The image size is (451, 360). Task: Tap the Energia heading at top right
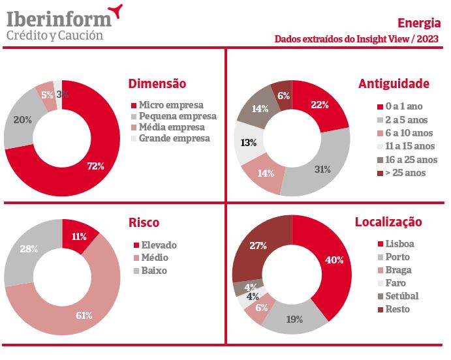click(x=418, y=23)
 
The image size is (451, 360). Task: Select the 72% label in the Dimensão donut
click(x=95, y=166)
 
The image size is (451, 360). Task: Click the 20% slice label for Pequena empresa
click(x=23, y=120)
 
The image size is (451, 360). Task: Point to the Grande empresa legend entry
click(x=174, y=138)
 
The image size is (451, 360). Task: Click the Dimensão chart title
click(x=157, y=83)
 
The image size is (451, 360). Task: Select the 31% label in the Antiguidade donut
click(x=322, y=169)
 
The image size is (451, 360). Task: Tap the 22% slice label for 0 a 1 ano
click(x=320, y=105)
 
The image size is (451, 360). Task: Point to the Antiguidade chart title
click(x=394, y=83)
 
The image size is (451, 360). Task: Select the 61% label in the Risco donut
click(x=84, y=316)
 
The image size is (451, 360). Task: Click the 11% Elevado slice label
click(x=78, y=237)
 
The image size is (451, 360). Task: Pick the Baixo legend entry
click(x=154, y=270)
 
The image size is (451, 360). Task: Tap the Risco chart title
click(x=144, y=223)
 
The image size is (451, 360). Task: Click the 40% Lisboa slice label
click(x=334, y=260)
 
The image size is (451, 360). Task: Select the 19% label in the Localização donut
click(x=295, y=320)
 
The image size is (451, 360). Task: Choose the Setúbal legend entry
click(x=401, y=296)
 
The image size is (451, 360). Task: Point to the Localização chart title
click(x=388, y=222)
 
